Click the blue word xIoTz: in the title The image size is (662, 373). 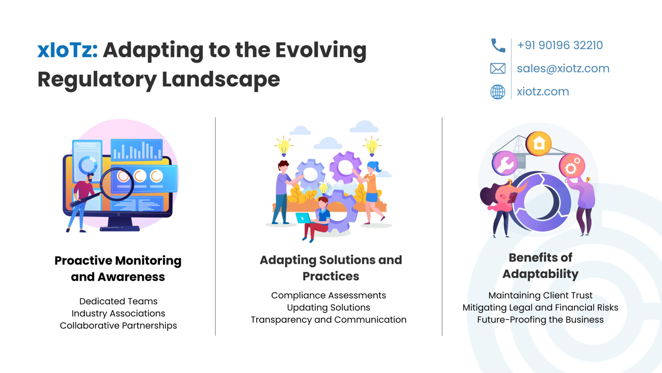(x=68, y=50)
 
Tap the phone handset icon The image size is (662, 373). (x=498, y=45)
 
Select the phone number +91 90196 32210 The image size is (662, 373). (x=560, y=45)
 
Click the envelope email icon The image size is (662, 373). (x=498, y=68)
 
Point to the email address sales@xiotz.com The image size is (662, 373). (x=563, y=68)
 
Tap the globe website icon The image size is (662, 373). (x=498, y=92)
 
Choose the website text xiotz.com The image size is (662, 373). (x=543, y=92)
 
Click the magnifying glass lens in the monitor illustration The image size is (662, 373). (x=117, y=184)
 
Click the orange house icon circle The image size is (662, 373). (x=539, y=144)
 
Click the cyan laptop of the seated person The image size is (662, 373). (x=303, y=218)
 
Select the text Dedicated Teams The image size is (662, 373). (x=118, y=301)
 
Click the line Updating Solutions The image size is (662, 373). (x=329, y=307)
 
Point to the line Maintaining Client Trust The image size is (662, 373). (x=540, y=295)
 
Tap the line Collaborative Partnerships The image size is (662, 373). (x=118, y=325)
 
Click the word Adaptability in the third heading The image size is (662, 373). (x=540, y=274)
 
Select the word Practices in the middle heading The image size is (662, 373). (x=331, y=276)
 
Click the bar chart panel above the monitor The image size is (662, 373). (x=137, y=150)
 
